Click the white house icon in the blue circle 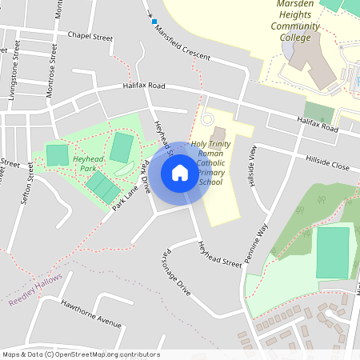180,173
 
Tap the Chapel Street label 90,36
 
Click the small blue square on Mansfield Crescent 154,22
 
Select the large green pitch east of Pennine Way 333,252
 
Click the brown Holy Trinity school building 219,133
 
